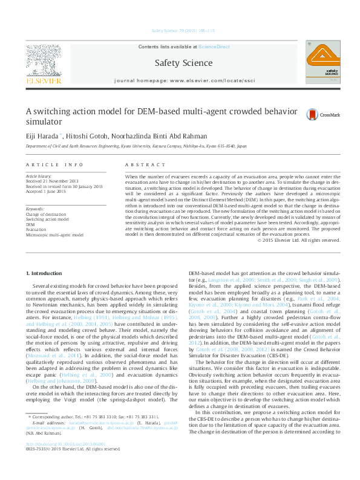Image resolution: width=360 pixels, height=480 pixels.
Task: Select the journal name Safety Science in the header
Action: [184, 63]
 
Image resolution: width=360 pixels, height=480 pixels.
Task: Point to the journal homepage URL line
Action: [184, 80]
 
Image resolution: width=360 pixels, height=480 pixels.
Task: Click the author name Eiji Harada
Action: [41, 136]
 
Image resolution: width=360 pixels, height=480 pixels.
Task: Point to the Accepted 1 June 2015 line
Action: [47, 190]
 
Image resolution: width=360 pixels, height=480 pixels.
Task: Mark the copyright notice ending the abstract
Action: [298, 257]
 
